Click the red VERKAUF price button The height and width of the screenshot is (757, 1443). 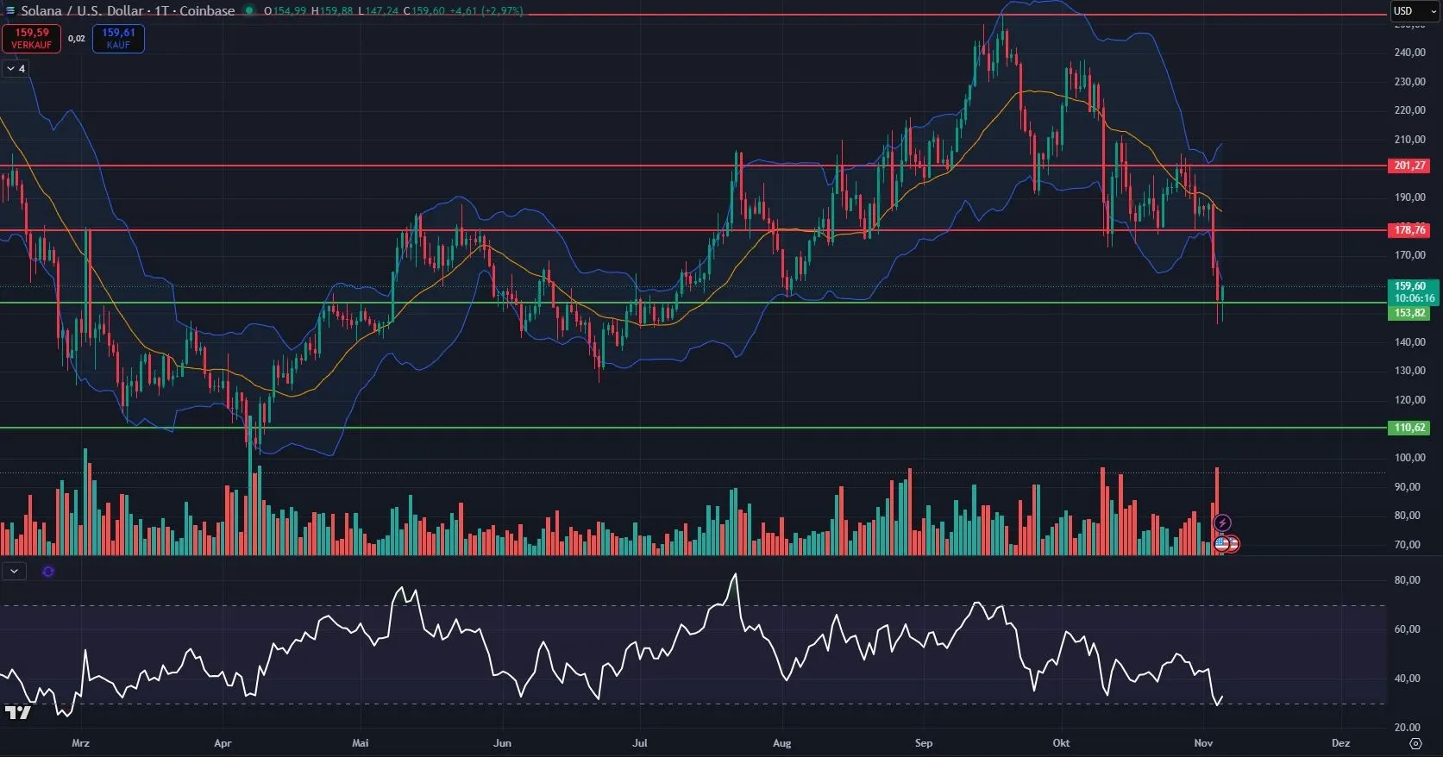coord(31,39)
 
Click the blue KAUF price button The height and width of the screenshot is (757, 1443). coord(118,39)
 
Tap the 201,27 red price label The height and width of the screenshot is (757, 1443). coord(1408,166)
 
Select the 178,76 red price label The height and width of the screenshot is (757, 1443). coord(1408,230)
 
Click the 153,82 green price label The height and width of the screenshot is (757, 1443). coord(1408,313)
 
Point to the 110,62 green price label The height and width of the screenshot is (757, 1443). coord(1408,428)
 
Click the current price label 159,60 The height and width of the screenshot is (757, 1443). coord(1411,286)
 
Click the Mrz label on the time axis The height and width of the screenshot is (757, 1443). coord(81,743)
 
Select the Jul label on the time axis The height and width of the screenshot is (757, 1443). coord(639,743)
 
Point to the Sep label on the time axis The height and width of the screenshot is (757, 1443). coord(923,743)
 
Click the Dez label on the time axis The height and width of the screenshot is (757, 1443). coord(1340,743)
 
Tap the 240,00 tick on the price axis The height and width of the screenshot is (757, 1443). coord(1409,53)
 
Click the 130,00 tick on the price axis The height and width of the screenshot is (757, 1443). coord(1409,371)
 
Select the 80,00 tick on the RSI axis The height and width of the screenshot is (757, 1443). coord(1407,580)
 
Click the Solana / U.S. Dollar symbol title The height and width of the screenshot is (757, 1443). coord(81,11)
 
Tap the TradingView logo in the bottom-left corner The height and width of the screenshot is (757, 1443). coord(17,712)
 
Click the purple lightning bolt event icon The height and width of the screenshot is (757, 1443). coord(1222,523)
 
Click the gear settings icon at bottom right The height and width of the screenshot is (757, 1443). coord(1415,743)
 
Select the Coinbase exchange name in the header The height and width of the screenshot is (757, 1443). coord(207,11)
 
